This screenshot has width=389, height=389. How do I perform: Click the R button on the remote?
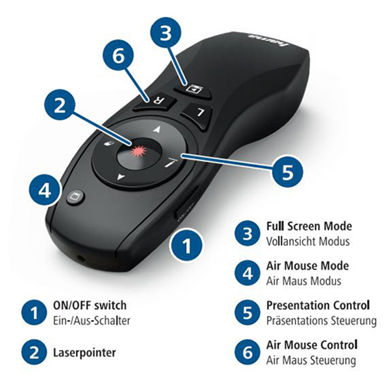154,102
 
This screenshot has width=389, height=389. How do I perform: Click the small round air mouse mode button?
75,196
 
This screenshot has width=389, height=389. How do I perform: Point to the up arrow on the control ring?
157,129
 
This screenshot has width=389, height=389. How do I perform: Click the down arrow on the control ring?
121,177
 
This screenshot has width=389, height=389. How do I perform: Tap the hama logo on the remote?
270,40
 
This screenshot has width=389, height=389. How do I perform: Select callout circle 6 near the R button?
119,56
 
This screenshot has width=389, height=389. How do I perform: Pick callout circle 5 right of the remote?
288,171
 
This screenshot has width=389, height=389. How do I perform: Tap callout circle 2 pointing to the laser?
60,106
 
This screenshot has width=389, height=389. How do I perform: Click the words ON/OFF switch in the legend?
90,305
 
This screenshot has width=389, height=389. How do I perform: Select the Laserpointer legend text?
84,353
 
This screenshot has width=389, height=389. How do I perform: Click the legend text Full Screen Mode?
309,226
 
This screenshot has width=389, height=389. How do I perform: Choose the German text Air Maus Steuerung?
311,360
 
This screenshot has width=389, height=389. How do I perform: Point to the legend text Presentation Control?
318,305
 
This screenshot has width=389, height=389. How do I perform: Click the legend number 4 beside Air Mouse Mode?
248,274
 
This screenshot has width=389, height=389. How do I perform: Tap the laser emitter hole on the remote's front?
80,259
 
